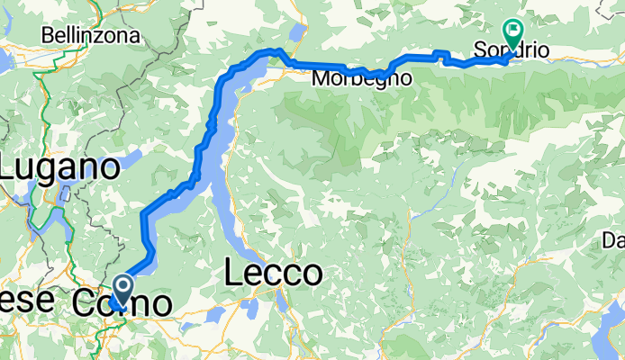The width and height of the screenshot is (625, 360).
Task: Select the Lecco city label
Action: coord(273,273)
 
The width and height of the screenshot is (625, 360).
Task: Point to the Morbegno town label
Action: coord(362,79)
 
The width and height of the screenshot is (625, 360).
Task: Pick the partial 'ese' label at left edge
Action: coord(17,301)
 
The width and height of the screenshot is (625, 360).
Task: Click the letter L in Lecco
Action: coord(232,273)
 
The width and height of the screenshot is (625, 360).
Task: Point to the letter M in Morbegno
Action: coord(320,79)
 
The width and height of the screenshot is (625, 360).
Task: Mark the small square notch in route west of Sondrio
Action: coord(442,58)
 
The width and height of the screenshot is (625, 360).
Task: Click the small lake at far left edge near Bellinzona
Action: coord(4,59)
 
